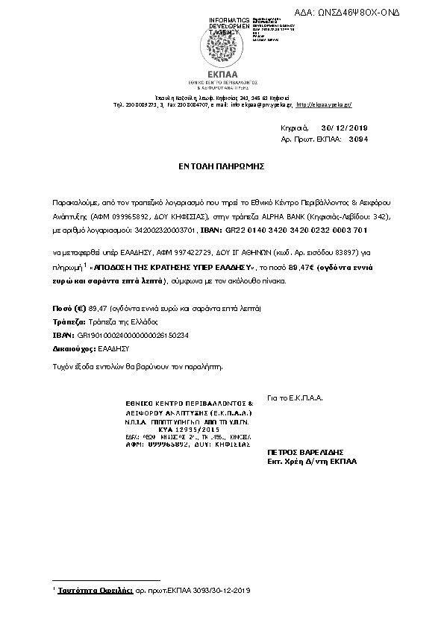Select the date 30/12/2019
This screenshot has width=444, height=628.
pos(349,128)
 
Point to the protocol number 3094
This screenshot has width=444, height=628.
pos(359,139)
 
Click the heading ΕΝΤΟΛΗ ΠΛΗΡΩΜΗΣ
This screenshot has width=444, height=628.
pos(222,168)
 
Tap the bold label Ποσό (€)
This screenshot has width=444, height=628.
pos(68,307)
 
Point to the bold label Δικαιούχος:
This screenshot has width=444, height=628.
pos(73,347)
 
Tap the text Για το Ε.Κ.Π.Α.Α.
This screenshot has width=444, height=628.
pos(294,399)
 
